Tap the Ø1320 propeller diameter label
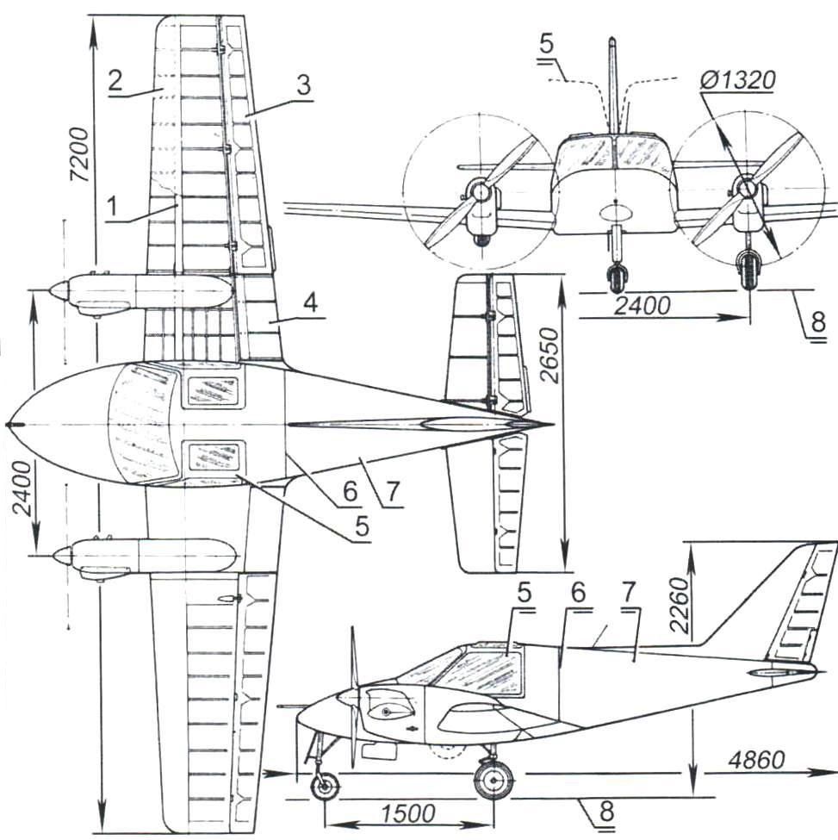(x=736, y=80)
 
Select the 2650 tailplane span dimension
(x=549, y=355)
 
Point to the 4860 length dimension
(x=756, y=760)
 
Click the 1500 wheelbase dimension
(x=408, y=814)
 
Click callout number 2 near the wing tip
(x=115, y=80)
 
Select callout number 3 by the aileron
(x=304, y=85)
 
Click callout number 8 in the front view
(x=818, y=322)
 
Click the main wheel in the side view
(x=493, y=780)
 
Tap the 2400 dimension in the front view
(x=642, y=306)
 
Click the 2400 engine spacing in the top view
(x=22, y=488)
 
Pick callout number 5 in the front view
(x=546, y=44)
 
